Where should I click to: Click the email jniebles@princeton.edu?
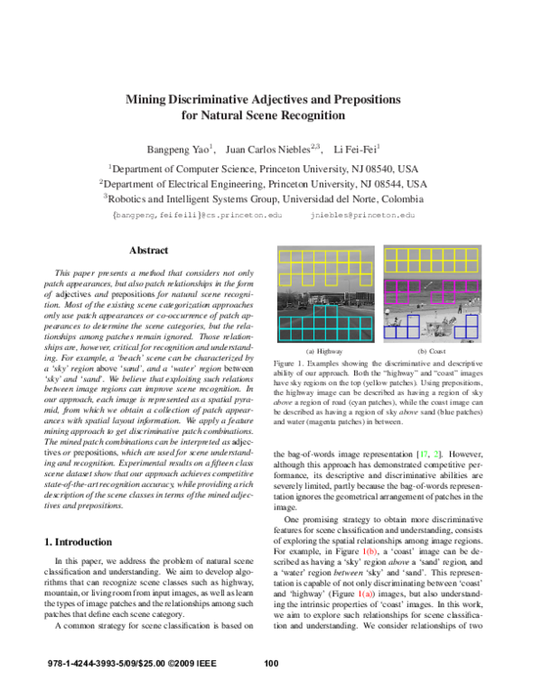click(362, 216)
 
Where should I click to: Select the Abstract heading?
click(149, 250)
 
